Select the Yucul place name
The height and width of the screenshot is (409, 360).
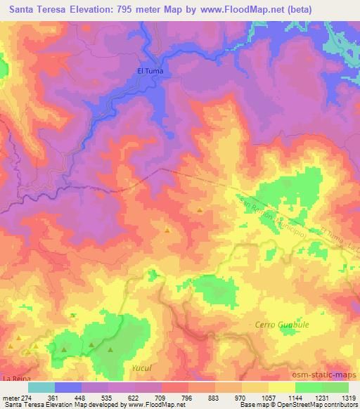pos(142,368)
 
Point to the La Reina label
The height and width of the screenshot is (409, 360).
pos(15,379)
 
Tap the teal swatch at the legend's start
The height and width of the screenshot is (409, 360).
pos(41,387)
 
